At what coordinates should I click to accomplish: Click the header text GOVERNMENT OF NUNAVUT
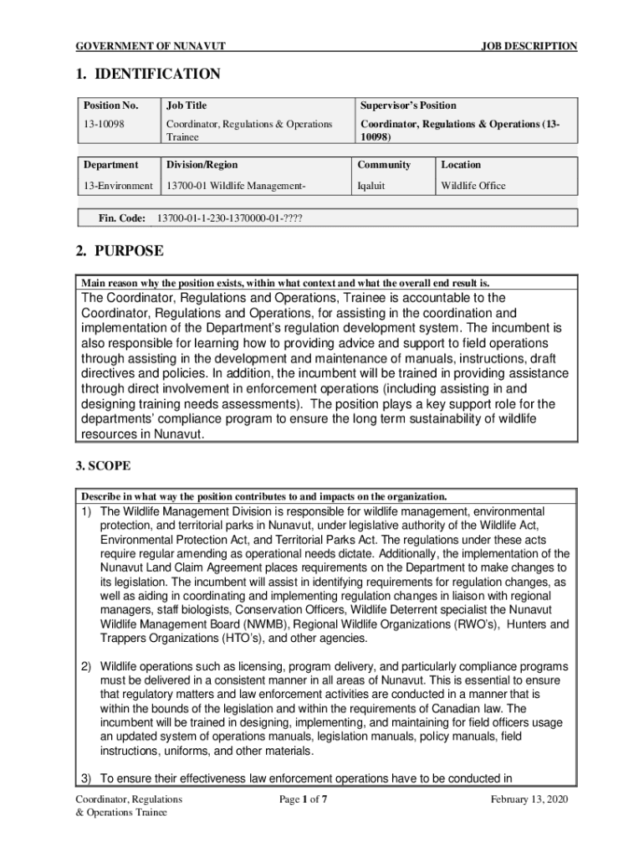pyautogui.click(x=151, y=47)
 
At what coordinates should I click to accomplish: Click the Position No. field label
pyautogui.click(x=110, y=105)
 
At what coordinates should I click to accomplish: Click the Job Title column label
pyautogui.click(x=187, y=105)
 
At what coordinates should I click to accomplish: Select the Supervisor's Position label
pyautogui.click(x=408, y=105)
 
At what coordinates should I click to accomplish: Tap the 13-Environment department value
pyautogui.click(x=117, y=186)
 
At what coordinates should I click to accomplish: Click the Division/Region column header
pyautogui.click(x=202, y=165)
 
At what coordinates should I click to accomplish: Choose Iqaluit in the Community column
pyautogui.click(x=371, y=186)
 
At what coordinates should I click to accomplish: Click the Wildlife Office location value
pyautogui.click(x=473, y=186)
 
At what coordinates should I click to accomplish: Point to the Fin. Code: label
pyautogui.click(x=122, y=218)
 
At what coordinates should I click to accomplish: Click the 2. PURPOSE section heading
pyautogui.click(x=120, y=251)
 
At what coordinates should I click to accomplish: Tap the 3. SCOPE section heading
pyautogui.click(x=103, y=464)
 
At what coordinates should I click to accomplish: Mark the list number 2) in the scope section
pyautogui.click(x=86, y=666)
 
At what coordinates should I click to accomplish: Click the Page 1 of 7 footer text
pyautogui.click(x=303, y=800)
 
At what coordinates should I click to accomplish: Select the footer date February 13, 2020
pyautogui.click(x=529, y=800)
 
